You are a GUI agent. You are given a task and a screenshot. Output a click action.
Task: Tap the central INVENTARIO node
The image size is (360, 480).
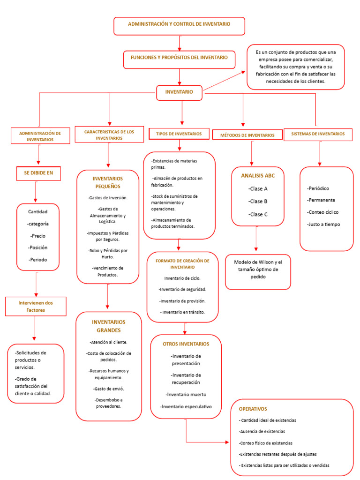179,92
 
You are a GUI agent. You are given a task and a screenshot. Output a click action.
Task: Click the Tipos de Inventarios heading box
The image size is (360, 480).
179,134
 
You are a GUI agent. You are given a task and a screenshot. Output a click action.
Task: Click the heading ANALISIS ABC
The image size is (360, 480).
258,176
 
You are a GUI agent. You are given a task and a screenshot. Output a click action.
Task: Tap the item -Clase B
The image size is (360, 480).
258,202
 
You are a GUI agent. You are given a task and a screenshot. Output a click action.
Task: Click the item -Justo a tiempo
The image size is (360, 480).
323,224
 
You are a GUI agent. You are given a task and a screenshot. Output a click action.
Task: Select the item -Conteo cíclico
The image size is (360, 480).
322,212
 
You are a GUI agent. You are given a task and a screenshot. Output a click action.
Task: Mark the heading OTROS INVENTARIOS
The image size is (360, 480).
186,344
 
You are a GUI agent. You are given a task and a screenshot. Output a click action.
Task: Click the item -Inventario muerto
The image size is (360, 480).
186,394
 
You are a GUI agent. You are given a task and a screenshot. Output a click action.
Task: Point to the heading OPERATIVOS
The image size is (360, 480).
253,409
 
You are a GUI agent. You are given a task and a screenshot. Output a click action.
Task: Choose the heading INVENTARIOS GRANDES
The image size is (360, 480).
109,326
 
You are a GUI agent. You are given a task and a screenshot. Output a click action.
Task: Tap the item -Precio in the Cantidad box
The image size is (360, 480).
38,236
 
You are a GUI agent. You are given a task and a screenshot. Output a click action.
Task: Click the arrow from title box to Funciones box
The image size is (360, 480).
180,43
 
